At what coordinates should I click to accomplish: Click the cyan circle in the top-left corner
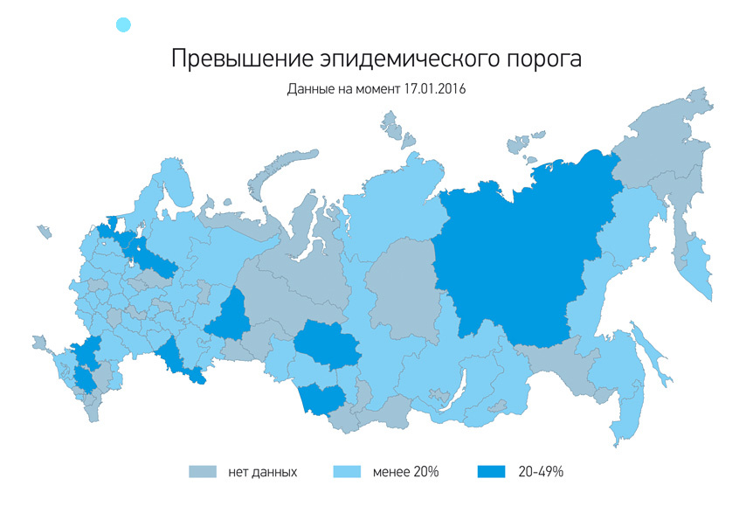123,25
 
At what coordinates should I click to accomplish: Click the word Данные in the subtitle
308,89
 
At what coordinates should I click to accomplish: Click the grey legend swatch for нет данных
203,472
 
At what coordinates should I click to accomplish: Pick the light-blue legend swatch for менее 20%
348,472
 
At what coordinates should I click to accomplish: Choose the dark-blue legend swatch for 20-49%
492,472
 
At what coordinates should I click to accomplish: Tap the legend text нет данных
263,472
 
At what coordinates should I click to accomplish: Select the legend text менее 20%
404,472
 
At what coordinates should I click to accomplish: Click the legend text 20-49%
541,472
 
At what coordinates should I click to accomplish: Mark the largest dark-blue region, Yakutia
515,262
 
